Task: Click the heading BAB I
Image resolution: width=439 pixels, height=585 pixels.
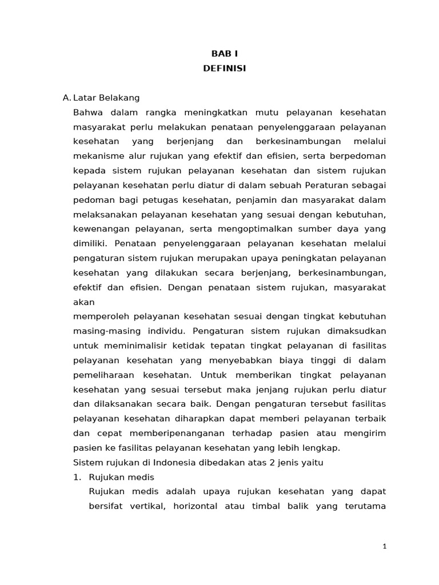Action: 224,54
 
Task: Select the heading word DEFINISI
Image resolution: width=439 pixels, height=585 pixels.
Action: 224,68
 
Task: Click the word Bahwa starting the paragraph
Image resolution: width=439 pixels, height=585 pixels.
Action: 87,112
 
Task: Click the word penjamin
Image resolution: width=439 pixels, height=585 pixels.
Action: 268,200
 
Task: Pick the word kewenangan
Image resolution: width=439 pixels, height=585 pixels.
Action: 99,229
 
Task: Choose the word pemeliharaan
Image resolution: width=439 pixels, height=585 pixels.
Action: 104,375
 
